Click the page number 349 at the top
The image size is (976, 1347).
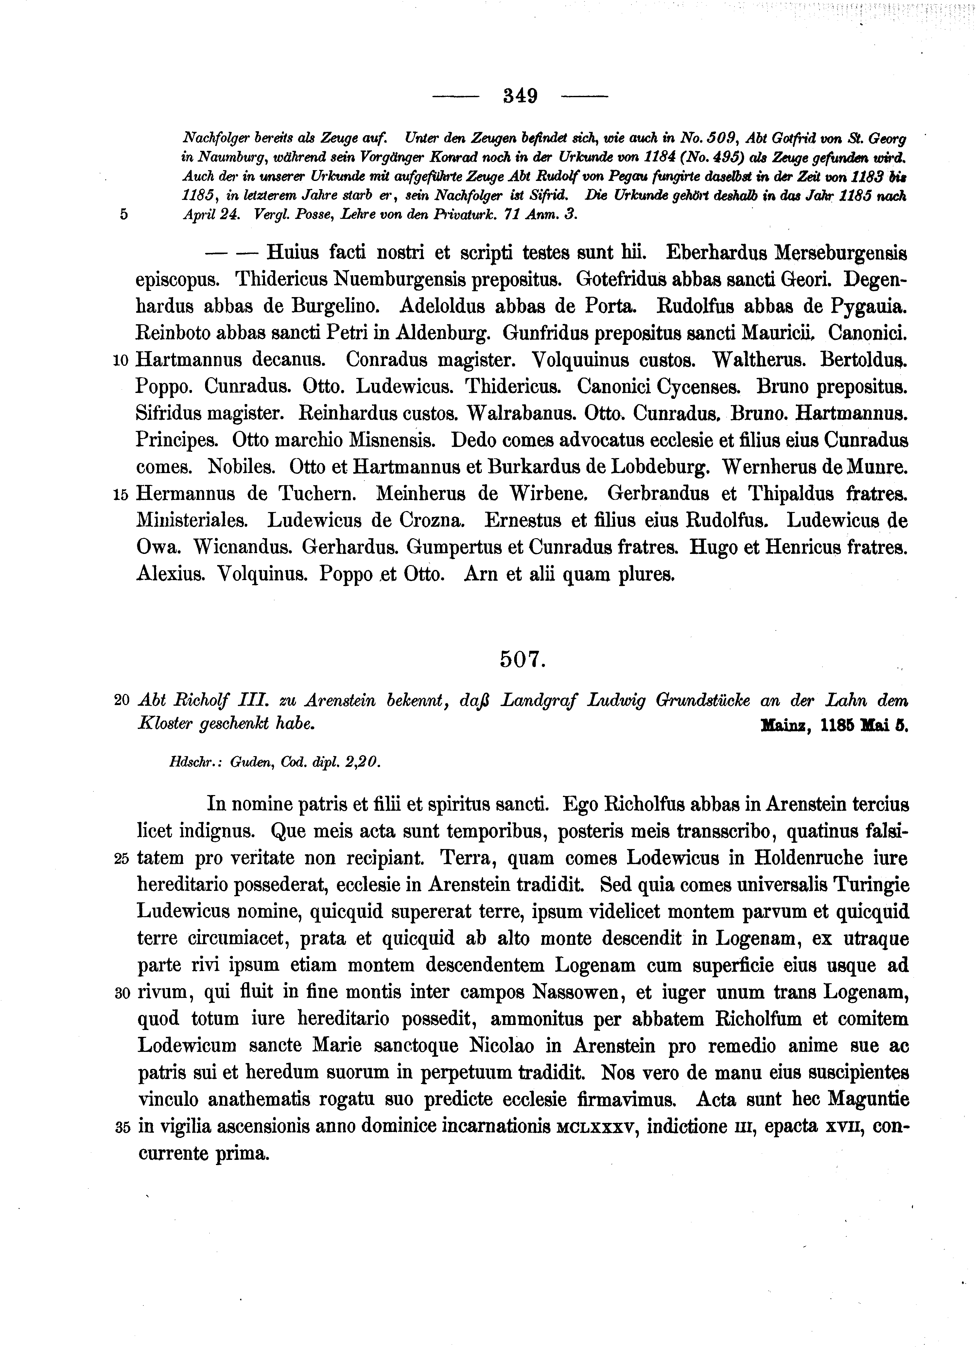[520, 96]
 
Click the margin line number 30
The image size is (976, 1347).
[121, 993]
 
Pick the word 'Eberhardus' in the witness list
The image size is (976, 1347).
[715, 253]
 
